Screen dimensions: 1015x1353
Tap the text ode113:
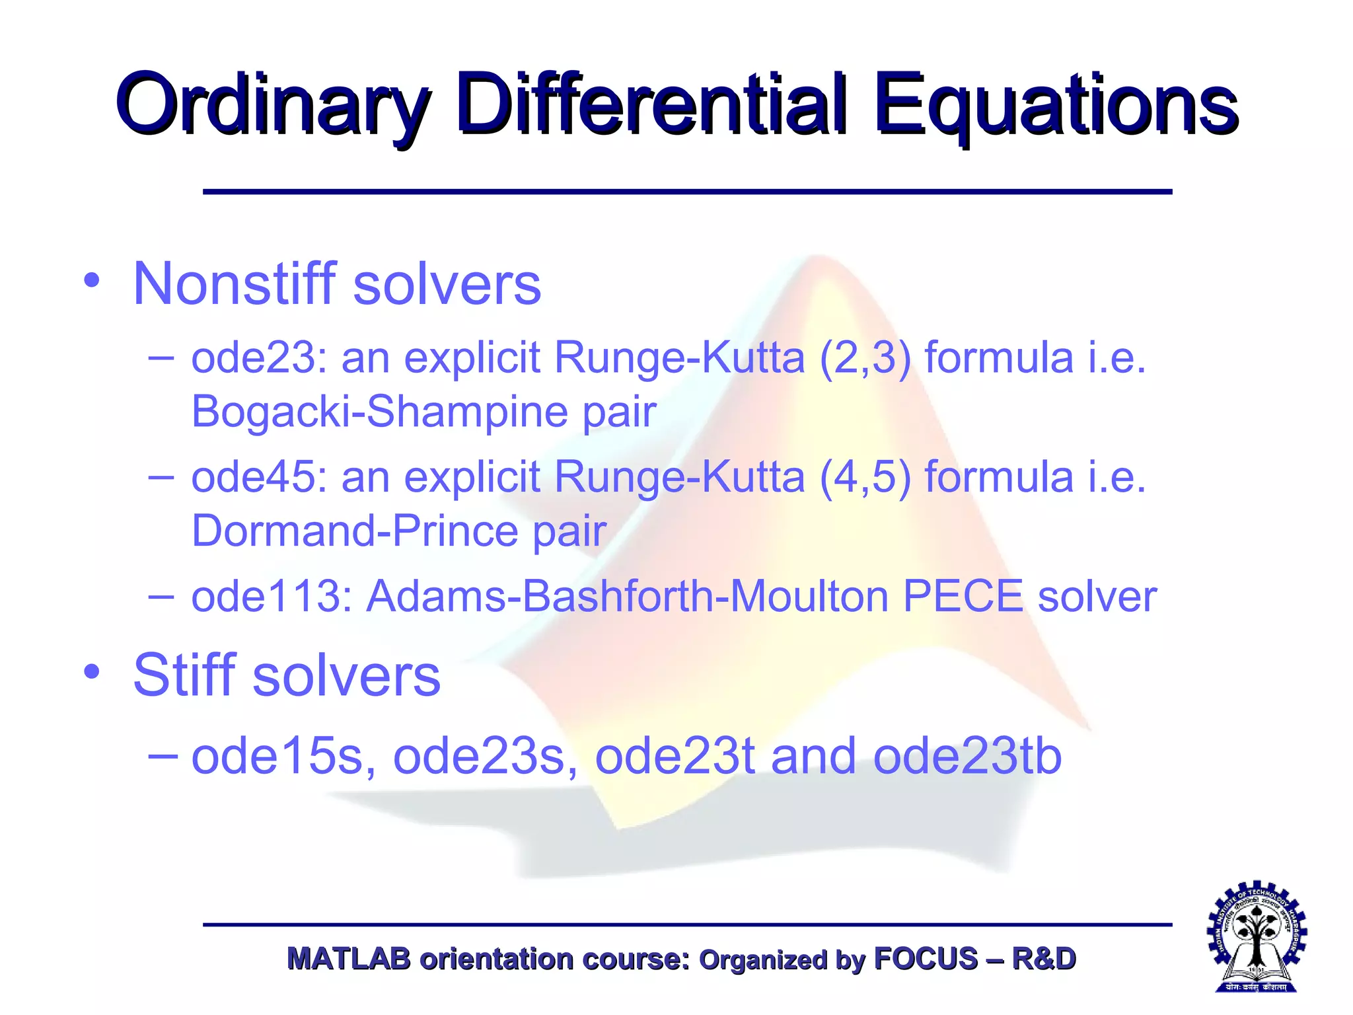point(271,596)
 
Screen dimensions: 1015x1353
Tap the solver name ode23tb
point(967,757)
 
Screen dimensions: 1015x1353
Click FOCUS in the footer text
point(926,959)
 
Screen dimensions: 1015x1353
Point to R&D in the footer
point(1044,959)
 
